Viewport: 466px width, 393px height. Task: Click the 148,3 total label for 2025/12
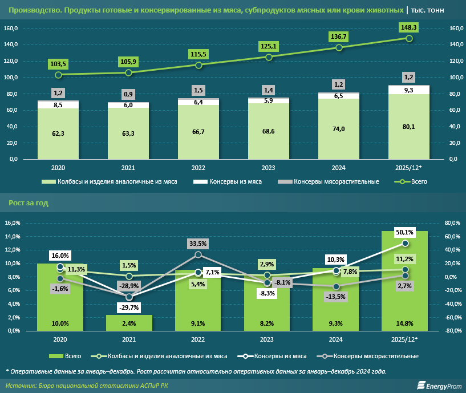click(409, 27)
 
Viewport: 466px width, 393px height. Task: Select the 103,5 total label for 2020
click(58, 64)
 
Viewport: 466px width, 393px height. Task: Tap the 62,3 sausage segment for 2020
click(58, 133)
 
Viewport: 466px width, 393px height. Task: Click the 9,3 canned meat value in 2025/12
click(409, 90)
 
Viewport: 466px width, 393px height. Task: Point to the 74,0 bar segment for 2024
click(339, 129)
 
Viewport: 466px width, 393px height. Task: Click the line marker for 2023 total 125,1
click(269, 57)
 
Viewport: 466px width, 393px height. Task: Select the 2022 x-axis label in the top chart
click(198, 168)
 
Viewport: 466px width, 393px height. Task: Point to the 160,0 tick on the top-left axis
click(11, 29)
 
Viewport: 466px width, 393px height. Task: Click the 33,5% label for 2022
click(198, 244)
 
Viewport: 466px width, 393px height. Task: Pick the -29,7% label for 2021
click(129, 307)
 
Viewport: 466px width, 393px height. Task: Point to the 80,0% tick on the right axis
click(452, 223)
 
